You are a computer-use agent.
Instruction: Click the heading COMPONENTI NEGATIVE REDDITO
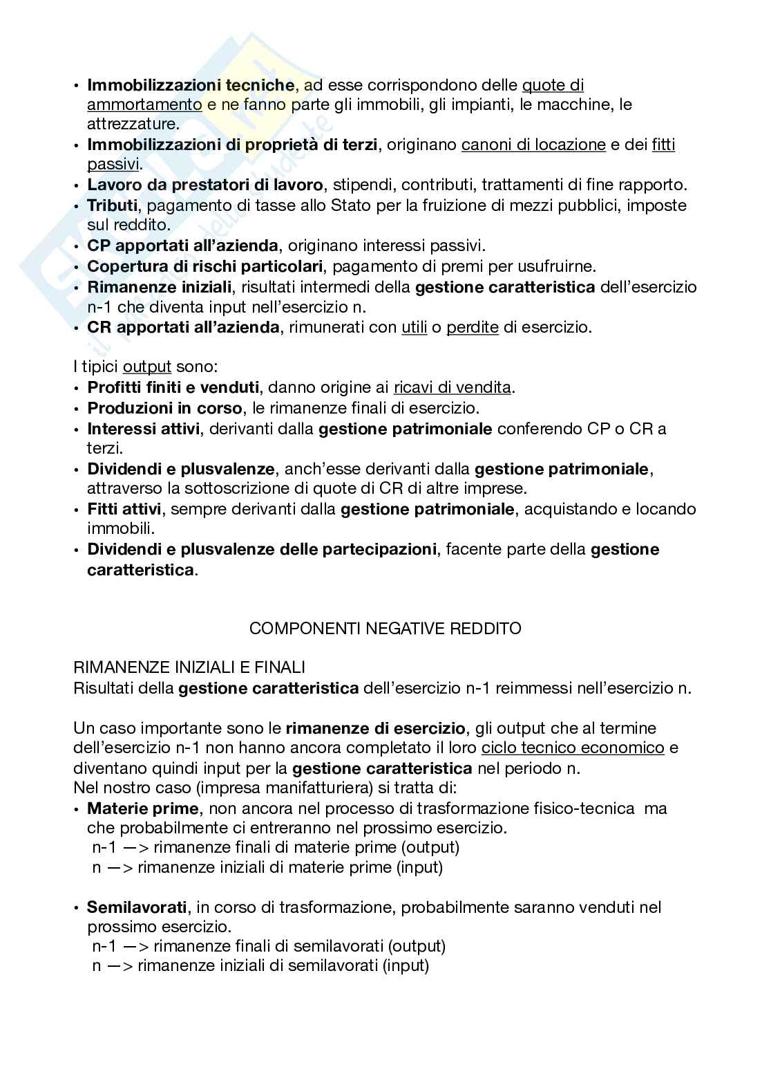385,629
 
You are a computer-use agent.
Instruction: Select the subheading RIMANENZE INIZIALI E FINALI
189,668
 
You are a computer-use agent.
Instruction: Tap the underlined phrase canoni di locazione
533,145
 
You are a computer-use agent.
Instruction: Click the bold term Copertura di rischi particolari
205,266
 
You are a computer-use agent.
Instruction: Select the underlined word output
146,367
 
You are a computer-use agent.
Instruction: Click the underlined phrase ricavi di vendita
453,387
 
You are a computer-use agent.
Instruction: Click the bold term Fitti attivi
124,510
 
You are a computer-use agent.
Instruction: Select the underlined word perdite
473,327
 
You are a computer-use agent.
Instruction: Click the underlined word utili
415,327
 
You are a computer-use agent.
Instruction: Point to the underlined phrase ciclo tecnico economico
573,748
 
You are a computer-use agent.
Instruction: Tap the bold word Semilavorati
137,907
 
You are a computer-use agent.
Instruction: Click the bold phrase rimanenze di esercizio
375,728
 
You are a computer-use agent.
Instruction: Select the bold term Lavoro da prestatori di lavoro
205,185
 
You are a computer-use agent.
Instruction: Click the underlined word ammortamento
144,105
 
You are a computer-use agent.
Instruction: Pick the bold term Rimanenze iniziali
160,286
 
